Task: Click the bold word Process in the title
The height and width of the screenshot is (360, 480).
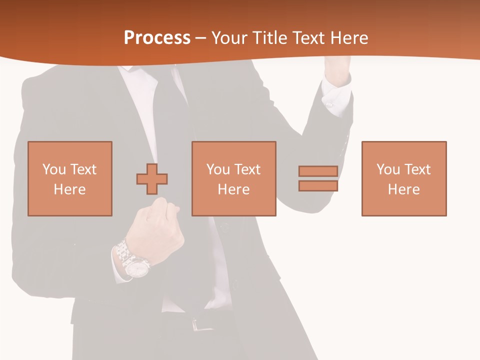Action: (157, 38)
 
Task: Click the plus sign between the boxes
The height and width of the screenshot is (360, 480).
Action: (152, 178)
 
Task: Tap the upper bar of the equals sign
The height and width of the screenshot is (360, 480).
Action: (318, 171)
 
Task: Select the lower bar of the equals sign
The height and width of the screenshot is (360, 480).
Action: (318, 185)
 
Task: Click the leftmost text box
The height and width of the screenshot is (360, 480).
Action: (70, 178)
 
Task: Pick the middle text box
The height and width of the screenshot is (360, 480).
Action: (233, 178)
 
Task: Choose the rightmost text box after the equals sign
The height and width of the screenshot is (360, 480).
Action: (403, 178)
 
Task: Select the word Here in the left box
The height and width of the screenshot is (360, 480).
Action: (69, 189)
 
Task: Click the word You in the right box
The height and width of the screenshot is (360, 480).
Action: (388, 169)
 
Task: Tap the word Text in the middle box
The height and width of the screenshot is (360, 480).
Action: (247, 169)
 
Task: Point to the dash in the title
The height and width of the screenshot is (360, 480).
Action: (201, 38)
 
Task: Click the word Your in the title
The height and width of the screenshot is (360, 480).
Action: (229, 38)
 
